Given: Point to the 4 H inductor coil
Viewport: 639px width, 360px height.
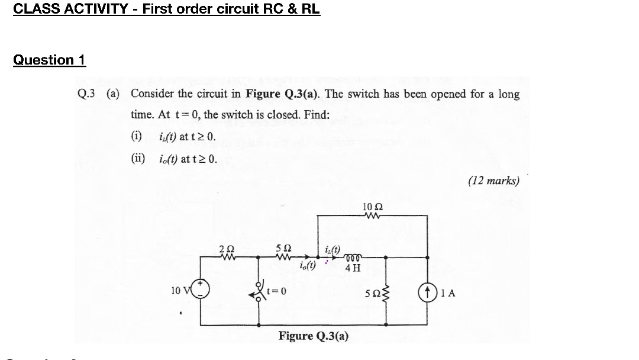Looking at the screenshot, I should click(353, 257).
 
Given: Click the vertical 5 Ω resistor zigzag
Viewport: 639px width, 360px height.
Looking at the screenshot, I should click(387, 291).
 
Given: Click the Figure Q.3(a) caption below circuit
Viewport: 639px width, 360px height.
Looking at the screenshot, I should click(314, 336).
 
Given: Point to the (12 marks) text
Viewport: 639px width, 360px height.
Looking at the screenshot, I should click(493, 181).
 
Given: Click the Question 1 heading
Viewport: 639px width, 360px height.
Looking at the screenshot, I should click(50, 60).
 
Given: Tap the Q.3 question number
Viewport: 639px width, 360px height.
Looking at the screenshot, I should click(86, 94).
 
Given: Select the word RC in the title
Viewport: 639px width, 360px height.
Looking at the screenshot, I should click(267, 9).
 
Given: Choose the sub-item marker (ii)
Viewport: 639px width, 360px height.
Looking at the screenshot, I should click(138, 159).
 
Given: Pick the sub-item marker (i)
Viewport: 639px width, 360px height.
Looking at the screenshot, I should click(137, 137).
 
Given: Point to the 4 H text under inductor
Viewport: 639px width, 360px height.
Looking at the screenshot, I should click(353, 268).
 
